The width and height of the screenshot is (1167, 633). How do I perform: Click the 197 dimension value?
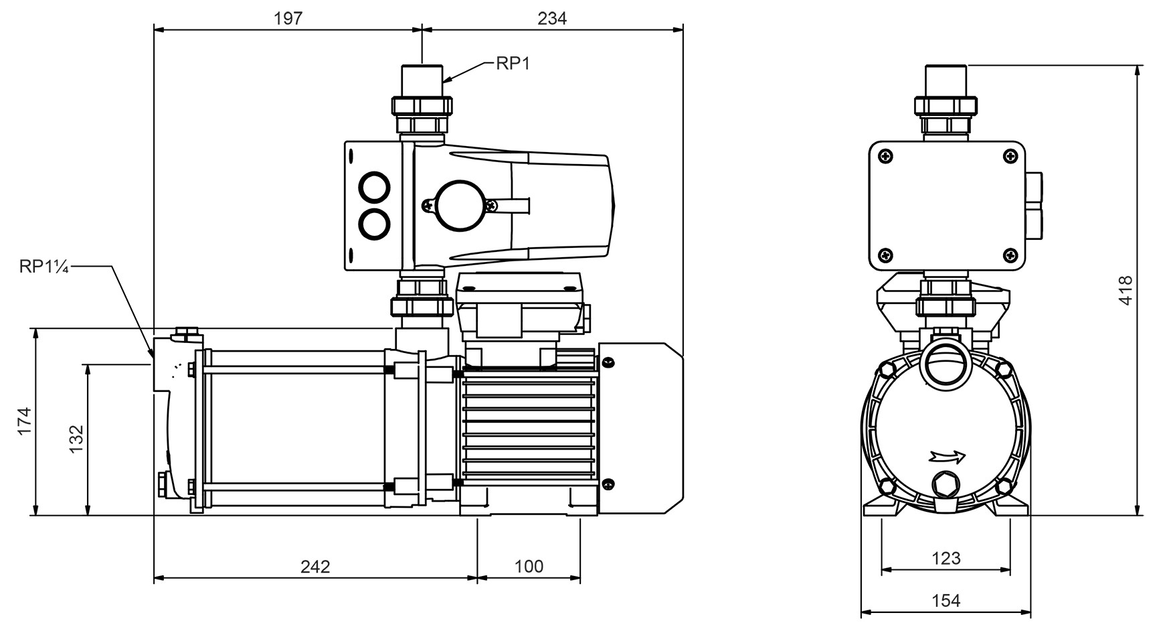click(x=288, y=18)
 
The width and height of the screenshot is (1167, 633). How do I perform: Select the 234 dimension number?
click(x=552, y=18)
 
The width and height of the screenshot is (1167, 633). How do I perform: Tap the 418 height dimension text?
click(x=1126, y=291)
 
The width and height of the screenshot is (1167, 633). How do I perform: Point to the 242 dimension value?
click(x=315, y=567)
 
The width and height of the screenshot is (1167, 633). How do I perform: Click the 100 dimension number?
click(x=529, y=567)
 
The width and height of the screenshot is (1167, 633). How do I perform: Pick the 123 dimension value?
click(x=946, y=558)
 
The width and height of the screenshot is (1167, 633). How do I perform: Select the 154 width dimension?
click(x=946, y=601)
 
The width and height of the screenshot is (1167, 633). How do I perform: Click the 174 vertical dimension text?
click(x=25, y=421)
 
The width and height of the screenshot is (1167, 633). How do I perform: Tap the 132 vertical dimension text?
click(x=76, y=439)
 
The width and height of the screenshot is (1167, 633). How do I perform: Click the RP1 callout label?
click(x=513, y=64)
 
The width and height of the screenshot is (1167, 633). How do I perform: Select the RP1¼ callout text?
click(x=44, y=267)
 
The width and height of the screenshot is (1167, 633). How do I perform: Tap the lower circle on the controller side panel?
click(x=373, y=224)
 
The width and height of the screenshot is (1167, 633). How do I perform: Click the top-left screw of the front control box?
click(x=887, y=156)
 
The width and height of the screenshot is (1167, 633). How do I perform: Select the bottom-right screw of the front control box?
click(x=1009, y=255)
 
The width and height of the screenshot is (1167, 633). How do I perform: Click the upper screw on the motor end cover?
click(x=608, y=363)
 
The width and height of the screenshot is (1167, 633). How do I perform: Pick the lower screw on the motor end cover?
click(x=608, y=484)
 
